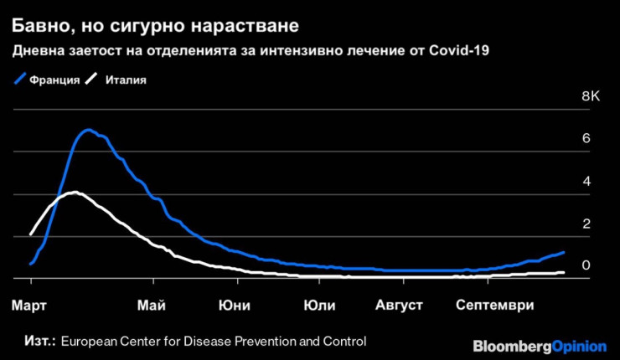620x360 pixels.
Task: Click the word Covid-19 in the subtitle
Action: [x=459, y=51]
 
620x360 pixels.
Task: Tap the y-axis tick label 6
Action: [x=586, y=137]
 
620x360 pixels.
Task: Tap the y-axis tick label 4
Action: [x=586, y=180]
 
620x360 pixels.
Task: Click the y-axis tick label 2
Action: [x=586, y=223]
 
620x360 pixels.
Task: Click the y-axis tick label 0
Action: [x=586, y=265]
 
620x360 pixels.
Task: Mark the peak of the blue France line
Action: [x=87, y=130]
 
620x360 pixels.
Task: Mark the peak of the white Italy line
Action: [x=75, y=193]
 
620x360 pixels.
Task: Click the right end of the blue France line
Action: [x=564, y=251]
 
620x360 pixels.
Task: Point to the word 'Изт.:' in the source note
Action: [x=40, y=341]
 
